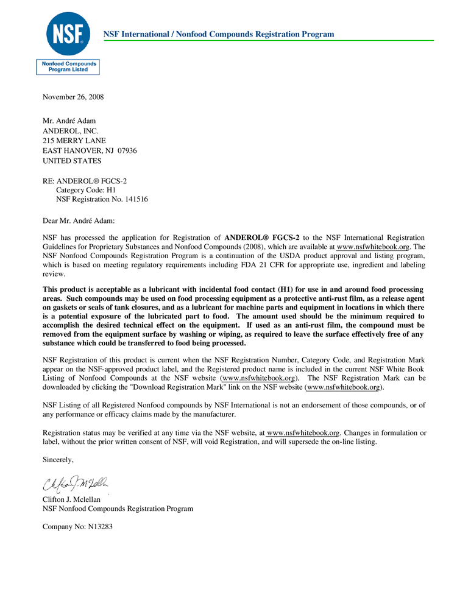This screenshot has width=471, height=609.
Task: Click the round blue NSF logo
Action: (x=68, y=33)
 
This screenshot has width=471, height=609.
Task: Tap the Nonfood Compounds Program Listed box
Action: (x=68, y=66)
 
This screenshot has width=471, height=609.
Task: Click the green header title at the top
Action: (x=219, y=34)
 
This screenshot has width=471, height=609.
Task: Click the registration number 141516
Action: (x=136, y=199)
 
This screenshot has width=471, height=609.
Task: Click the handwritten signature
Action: (x=76, y=485)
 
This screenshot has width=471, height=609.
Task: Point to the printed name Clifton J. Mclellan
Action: (x=71, y=499)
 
